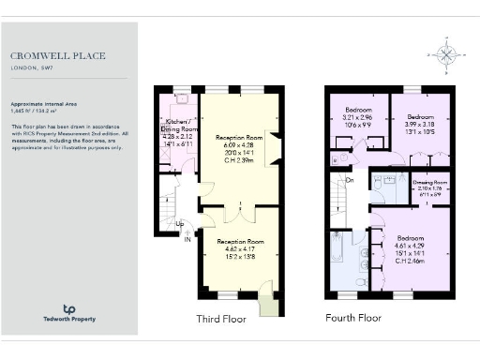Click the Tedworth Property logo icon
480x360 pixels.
tap(68, 308)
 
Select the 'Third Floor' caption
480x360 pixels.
tap(220, 319)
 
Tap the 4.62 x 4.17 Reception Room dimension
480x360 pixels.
tap(235, 248)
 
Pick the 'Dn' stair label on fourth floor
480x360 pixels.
tap(350, 179)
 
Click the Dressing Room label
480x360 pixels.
tap(430, 183)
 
